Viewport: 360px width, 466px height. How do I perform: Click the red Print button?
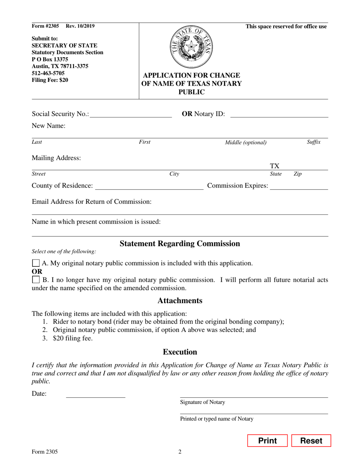click(268, 441)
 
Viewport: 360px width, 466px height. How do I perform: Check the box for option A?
click(36, 263)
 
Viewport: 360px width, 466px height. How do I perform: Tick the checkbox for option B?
click(36, 280)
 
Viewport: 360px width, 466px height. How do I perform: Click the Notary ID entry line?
click(279, 114)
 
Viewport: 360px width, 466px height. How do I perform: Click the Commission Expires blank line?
click(299, 186)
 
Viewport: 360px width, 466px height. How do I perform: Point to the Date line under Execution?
click(95, 394)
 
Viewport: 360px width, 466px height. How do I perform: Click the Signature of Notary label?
click(202, 402)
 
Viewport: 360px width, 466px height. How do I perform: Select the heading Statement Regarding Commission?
click(180, 244)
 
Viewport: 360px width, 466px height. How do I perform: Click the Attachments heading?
click(180, 300)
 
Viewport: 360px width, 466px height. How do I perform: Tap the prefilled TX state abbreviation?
click(275, 166)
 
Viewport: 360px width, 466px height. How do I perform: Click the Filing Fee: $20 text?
click(50, 80)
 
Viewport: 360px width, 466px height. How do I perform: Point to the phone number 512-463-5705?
click(48, 73)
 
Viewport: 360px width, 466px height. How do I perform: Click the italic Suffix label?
click(313, 142)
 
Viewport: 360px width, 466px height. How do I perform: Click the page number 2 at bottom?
click(180, 452)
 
